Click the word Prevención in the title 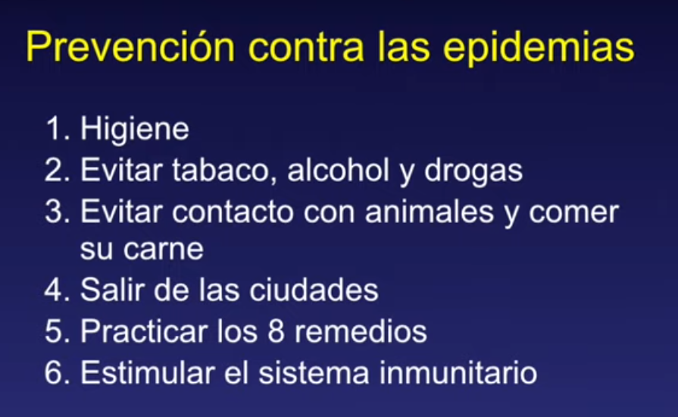[x=130, y=47]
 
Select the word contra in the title [x=307, y=48]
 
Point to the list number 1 [x=57, y=128]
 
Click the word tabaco [x=224, y=170]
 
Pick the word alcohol [x=338, y=169]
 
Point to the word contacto [x=233, y=212]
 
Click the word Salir [x=112, y=289]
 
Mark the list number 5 [x=57, y=331]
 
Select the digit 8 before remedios [x=276, y=331]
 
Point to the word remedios [x=361, y=331]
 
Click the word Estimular [x=147, y=372]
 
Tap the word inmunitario [x=458, y=372]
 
